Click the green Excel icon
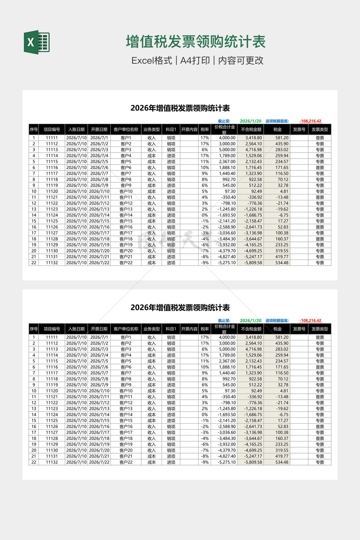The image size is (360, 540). point(37,43)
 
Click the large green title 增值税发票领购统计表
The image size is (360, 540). point(196,42)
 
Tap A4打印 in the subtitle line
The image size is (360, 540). point(195,60)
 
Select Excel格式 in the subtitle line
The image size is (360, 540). point(152,60)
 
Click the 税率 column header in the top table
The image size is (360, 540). point(205,129)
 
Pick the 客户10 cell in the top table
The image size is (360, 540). point(126,192)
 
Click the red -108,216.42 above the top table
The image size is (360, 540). point(310,121)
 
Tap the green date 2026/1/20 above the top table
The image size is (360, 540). point(251,121)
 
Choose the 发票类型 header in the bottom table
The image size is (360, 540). point(320,329)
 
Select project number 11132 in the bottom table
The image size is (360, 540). point(52,462)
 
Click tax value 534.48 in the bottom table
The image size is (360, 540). point(282,462)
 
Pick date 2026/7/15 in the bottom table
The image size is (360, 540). point(99,421)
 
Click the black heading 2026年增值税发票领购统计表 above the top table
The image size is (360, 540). point(180,108)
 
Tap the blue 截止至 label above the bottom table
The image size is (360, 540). point(224,321)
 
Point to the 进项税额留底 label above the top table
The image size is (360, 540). point(277,121)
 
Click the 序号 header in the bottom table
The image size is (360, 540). point(34,329)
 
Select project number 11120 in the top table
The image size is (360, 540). point(52,192)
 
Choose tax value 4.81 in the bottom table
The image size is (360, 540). point(284,391)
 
